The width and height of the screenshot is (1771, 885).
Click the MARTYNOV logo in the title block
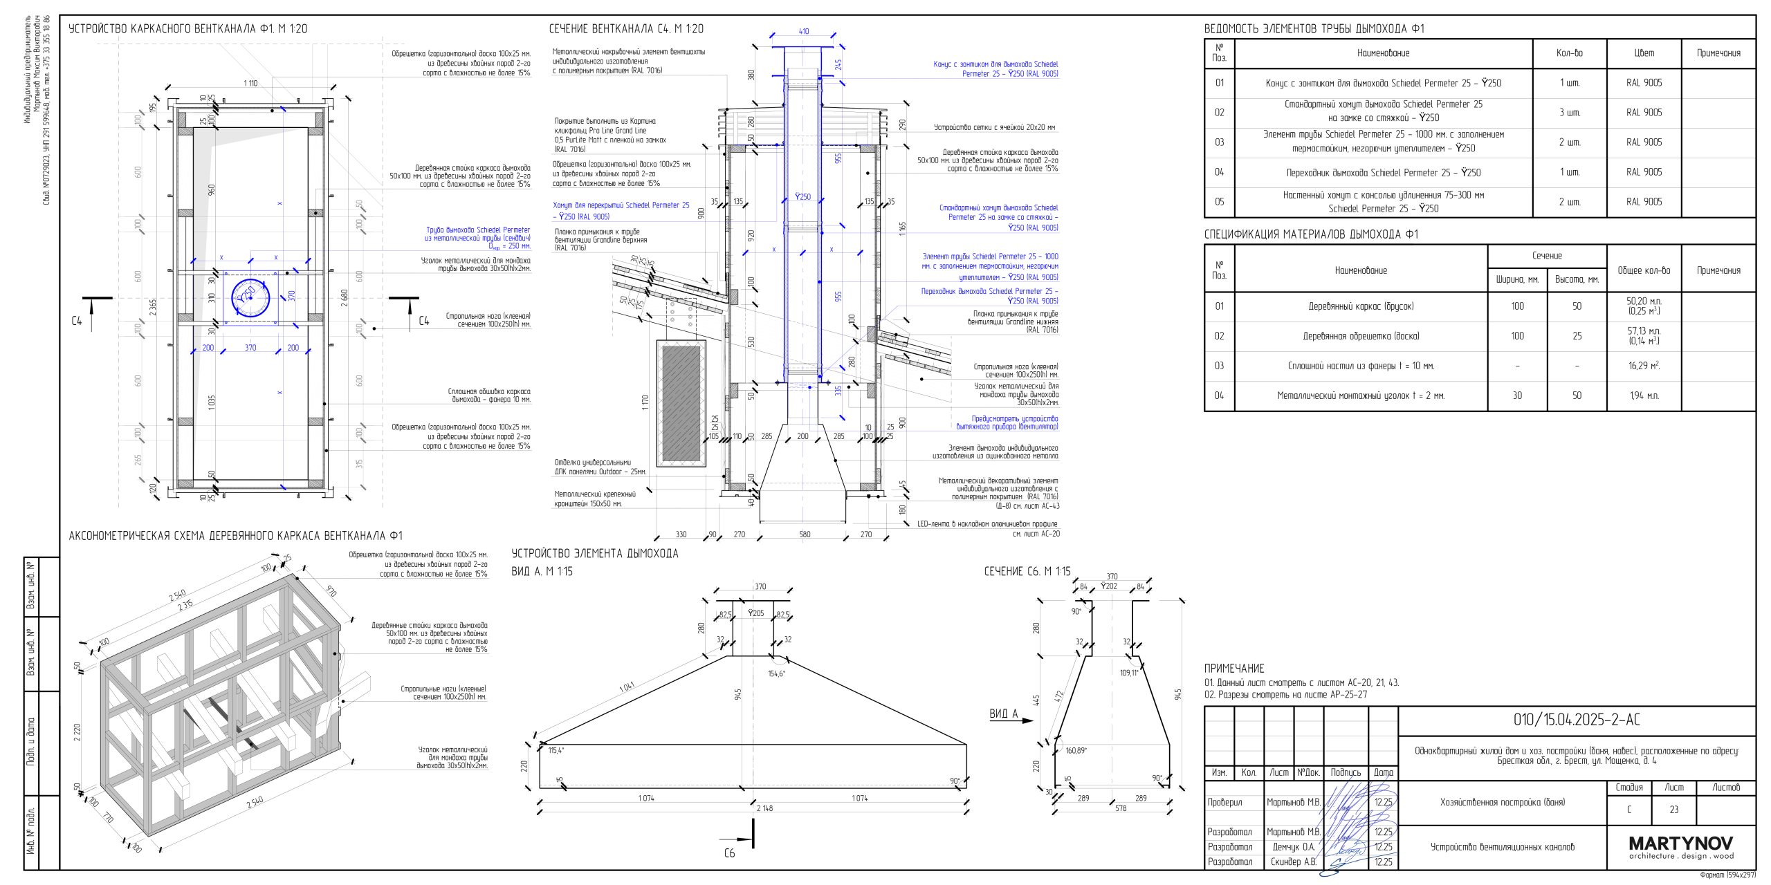coord(1680,844)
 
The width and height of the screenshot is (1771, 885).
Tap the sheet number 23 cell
coord(1673,810)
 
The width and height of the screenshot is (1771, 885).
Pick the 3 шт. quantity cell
coord(1570,113)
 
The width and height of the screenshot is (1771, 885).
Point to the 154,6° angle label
coord(777,673)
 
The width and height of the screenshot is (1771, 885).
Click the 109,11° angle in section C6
coord(1128,673)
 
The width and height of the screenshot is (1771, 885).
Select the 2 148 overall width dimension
coord(764,808)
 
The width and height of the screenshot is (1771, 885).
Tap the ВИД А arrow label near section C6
coord(1004,714)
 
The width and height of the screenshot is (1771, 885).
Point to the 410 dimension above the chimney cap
coord(803,32)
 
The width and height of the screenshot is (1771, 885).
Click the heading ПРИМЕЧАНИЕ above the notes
coord(1234,669)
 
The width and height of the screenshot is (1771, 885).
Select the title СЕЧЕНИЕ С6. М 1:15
coord(1027,571)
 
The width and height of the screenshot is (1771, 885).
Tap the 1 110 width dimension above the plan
coord(250,84)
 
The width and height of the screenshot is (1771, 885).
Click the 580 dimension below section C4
coord(805,534)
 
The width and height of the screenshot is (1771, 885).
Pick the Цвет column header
coord(1644,53)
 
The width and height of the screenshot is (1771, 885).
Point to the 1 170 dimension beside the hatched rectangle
coord(645,403)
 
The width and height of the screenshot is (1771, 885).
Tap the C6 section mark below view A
coord(730,853)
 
